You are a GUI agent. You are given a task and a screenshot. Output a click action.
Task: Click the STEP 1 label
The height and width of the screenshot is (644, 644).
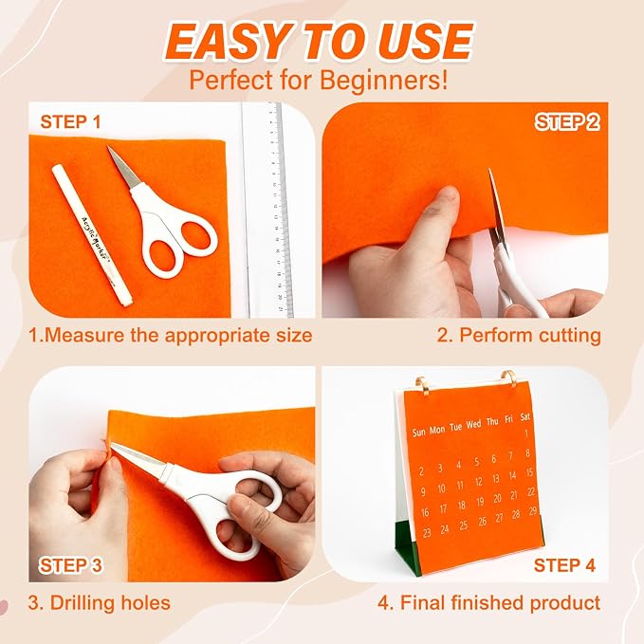pos(70,122)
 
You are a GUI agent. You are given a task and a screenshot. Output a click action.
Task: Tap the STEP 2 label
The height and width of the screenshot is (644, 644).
pos(567,122)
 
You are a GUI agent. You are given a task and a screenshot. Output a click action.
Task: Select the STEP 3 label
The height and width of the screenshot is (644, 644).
pos(70,565)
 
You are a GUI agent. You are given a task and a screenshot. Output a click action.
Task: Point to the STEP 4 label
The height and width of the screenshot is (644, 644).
pos(564,565)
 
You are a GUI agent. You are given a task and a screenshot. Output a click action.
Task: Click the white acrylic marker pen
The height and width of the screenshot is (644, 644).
pos(92,234)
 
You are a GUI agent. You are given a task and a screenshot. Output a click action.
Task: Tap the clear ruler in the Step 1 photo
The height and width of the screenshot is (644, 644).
pos(267,210)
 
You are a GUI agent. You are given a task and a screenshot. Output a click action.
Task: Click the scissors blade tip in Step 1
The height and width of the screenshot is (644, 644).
pos(108,147)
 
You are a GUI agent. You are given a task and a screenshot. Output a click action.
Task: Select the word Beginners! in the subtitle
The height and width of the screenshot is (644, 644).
pos(383,81)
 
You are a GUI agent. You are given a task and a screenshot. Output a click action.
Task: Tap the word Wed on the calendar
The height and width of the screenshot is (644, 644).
pos(473,424)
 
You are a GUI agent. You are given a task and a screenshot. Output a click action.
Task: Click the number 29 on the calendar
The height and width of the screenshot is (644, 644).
pos(533,510)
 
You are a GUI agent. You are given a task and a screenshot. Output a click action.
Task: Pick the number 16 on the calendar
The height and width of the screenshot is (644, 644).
pos(425,512)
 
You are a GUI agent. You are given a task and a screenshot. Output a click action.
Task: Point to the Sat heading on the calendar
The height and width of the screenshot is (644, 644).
pos(525,417)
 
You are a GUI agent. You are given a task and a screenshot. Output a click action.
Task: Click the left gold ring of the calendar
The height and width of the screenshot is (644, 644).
pos(421,384)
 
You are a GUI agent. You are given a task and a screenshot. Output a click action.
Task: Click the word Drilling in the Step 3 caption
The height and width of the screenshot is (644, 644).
pos(77,603)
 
